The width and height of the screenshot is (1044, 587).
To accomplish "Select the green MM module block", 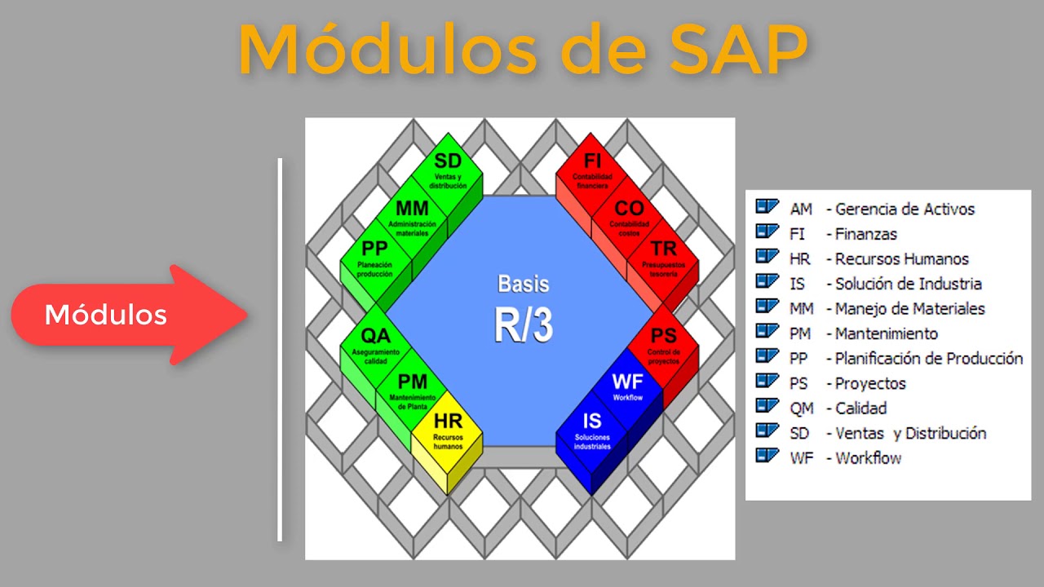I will [412, 216].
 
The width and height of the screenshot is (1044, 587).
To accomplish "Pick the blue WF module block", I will [627, 387].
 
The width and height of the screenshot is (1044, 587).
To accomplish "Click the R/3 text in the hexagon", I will [523, 324].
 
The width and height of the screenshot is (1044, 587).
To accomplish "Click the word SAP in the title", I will [739, 51].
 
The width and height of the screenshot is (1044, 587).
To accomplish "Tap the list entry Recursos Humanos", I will [901, 259].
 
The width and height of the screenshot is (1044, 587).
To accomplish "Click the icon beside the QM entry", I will [767, 406].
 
